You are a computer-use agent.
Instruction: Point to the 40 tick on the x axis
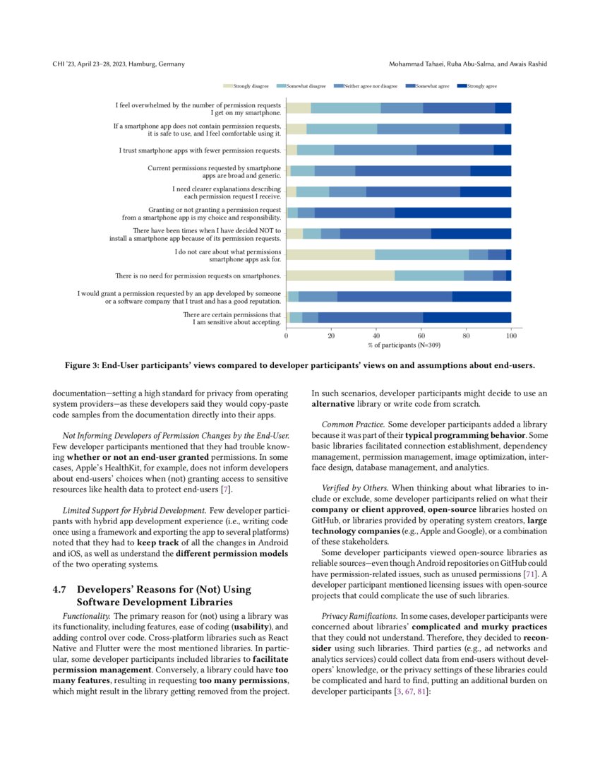coord(376,337)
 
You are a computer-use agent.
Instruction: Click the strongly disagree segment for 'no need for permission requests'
coord(340,275)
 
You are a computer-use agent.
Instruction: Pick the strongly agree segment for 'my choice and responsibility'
coord(452,213)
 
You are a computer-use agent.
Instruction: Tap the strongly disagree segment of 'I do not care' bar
coord(330,255)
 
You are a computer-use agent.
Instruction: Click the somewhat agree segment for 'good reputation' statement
coord(395,297)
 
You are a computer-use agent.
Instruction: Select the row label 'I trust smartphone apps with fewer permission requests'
coord(200,150)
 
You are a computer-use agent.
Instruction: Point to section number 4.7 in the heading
coord(61,589)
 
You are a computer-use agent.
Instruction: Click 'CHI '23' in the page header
coord(67,64)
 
